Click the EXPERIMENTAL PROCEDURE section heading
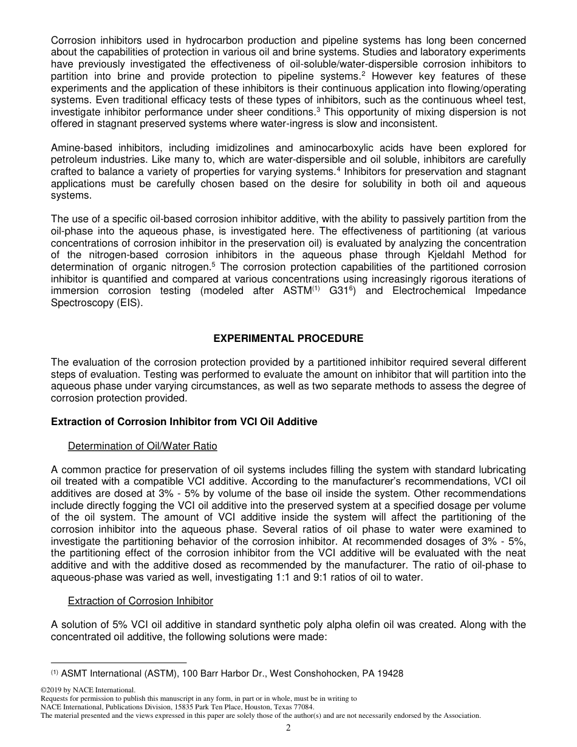(288, 338)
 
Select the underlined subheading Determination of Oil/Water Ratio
(142, 446)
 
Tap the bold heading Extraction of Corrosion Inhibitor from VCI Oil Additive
(184, 421)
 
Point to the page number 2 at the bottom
(288, 728)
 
